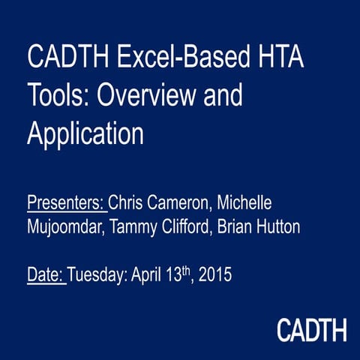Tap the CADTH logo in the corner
tap(311, 329)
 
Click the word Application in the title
tap(85, 134)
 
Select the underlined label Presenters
tap(66, 204)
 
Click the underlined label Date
tap(46, 275)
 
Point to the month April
tap(147, 275)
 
